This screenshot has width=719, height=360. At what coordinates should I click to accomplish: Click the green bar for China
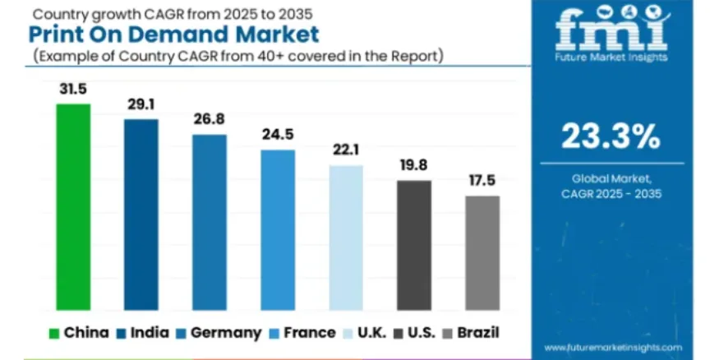click(x=72, y=205)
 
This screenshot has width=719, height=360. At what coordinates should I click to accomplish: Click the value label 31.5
click(x=72, y=90)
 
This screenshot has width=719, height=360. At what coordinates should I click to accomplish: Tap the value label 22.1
click(x=346, y=150)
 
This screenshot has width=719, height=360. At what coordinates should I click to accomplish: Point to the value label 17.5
click(x=482, y=181)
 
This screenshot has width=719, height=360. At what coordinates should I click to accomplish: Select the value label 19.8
click(x=414, y=166)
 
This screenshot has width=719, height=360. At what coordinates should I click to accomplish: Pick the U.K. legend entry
click(x=366, y=333)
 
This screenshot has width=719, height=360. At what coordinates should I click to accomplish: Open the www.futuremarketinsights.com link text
click(x=612, y=348)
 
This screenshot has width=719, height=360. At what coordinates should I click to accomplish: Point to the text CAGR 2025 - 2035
click(x=611, y=194)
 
